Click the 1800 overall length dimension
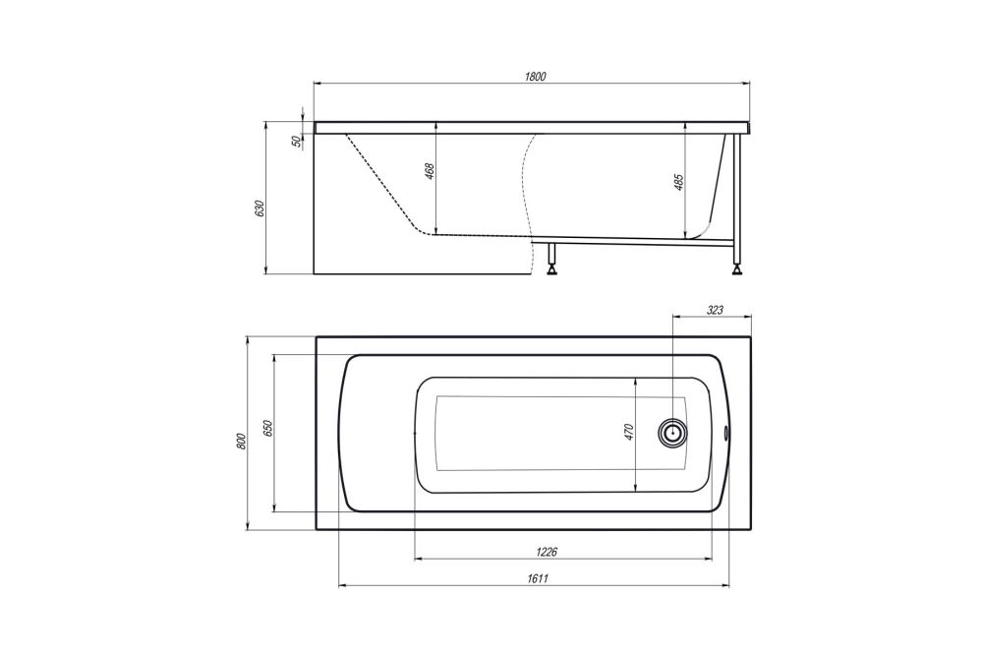[535, 76]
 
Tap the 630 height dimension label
[260, 209]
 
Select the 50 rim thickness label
[297, 142]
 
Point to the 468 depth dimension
[429, 172]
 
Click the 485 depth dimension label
[678, 183]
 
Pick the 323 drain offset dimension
[715, 310]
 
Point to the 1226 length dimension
[564, 553]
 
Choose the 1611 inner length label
[535, 580]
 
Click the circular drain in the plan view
[673, 433]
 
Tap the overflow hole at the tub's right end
[725, 430]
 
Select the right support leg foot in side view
[736, 265]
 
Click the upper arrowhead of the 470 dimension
[638, 380]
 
